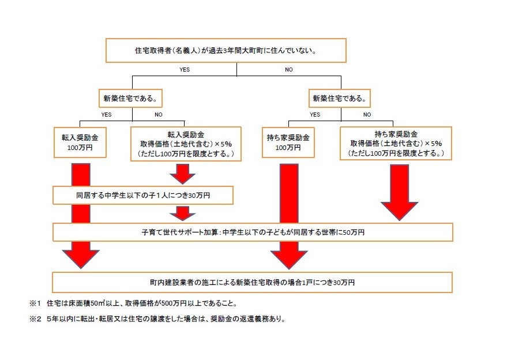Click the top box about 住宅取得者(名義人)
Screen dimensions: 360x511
click(226, 50)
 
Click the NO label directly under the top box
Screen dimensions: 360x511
click(289, 70)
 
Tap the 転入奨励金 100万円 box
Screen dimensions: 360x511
click(81, 142)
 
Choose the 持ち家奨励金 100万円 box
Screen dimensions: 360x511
click(289, 142)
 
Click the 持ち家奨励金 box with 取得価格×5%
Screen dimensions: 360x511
click(396, 142)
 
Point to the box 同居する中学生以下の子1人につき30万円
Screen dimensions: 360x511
click(143, 196)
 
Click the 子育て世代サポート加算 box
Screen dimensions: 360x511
click(253, 232)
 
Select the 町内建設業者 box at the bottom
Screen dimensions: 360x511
click(253, 283)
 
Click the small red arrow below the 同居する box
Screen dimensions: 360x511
click(182, 213)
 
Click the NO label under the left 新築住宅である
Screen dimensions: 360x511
click(158, 114)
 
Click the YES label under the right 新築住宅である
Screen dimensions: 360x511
click(315, 114)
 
